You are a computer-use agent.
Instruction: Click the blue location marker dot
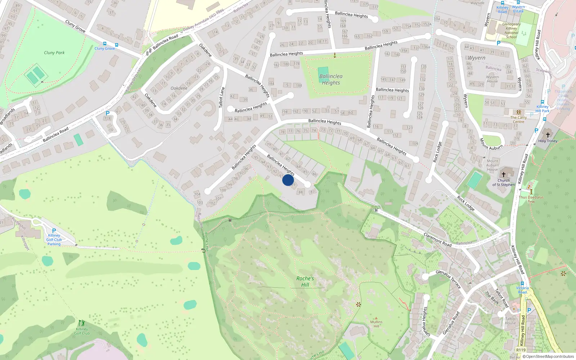(x=288, y=180)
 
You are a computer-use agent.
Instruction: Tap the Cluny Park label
(x=54, y=53)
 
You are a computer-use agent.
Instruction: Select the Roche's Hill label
(x=305, y=282)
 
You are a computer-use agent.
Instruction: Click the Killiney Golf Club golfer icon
(x=82, y=323)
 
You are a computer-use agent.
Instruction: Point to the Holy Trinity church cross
(x=548, y=135)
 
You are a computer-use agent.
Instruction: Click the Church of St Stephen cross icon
(x=504, y=174)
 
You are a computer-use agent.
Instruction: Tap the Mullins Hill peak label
(x=376, y=324)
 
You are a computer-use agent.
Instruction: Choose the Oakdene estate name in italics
(x=179, y=88)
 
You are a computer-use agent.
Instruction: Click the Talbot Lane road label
(x=222, y=97)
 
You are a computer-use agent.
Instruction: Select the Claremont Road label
(x=437, y=240)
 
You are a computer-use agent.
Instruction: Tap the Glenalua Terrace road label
(x=448, y=279)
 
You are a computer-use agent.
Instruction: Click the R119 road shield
(x=521, y=350)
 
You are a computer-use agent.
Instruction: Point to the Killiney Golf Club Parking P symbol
(x=54, y=231)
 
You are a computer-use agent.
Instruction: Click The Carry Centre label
(x=518, y=120)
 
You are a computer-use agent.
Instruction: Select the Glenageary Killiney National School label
(x=511, y=31)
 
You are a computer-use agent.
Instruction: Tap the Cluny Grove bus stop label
(x=105, y=48)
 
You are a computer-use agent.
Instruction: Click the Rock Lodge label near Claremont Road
(x=466, y=203)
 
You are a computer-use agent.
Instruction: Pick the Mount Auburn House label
(x=492, y=165)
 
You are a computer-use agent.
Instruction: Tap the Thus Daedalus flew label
(x=531, y=199)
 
